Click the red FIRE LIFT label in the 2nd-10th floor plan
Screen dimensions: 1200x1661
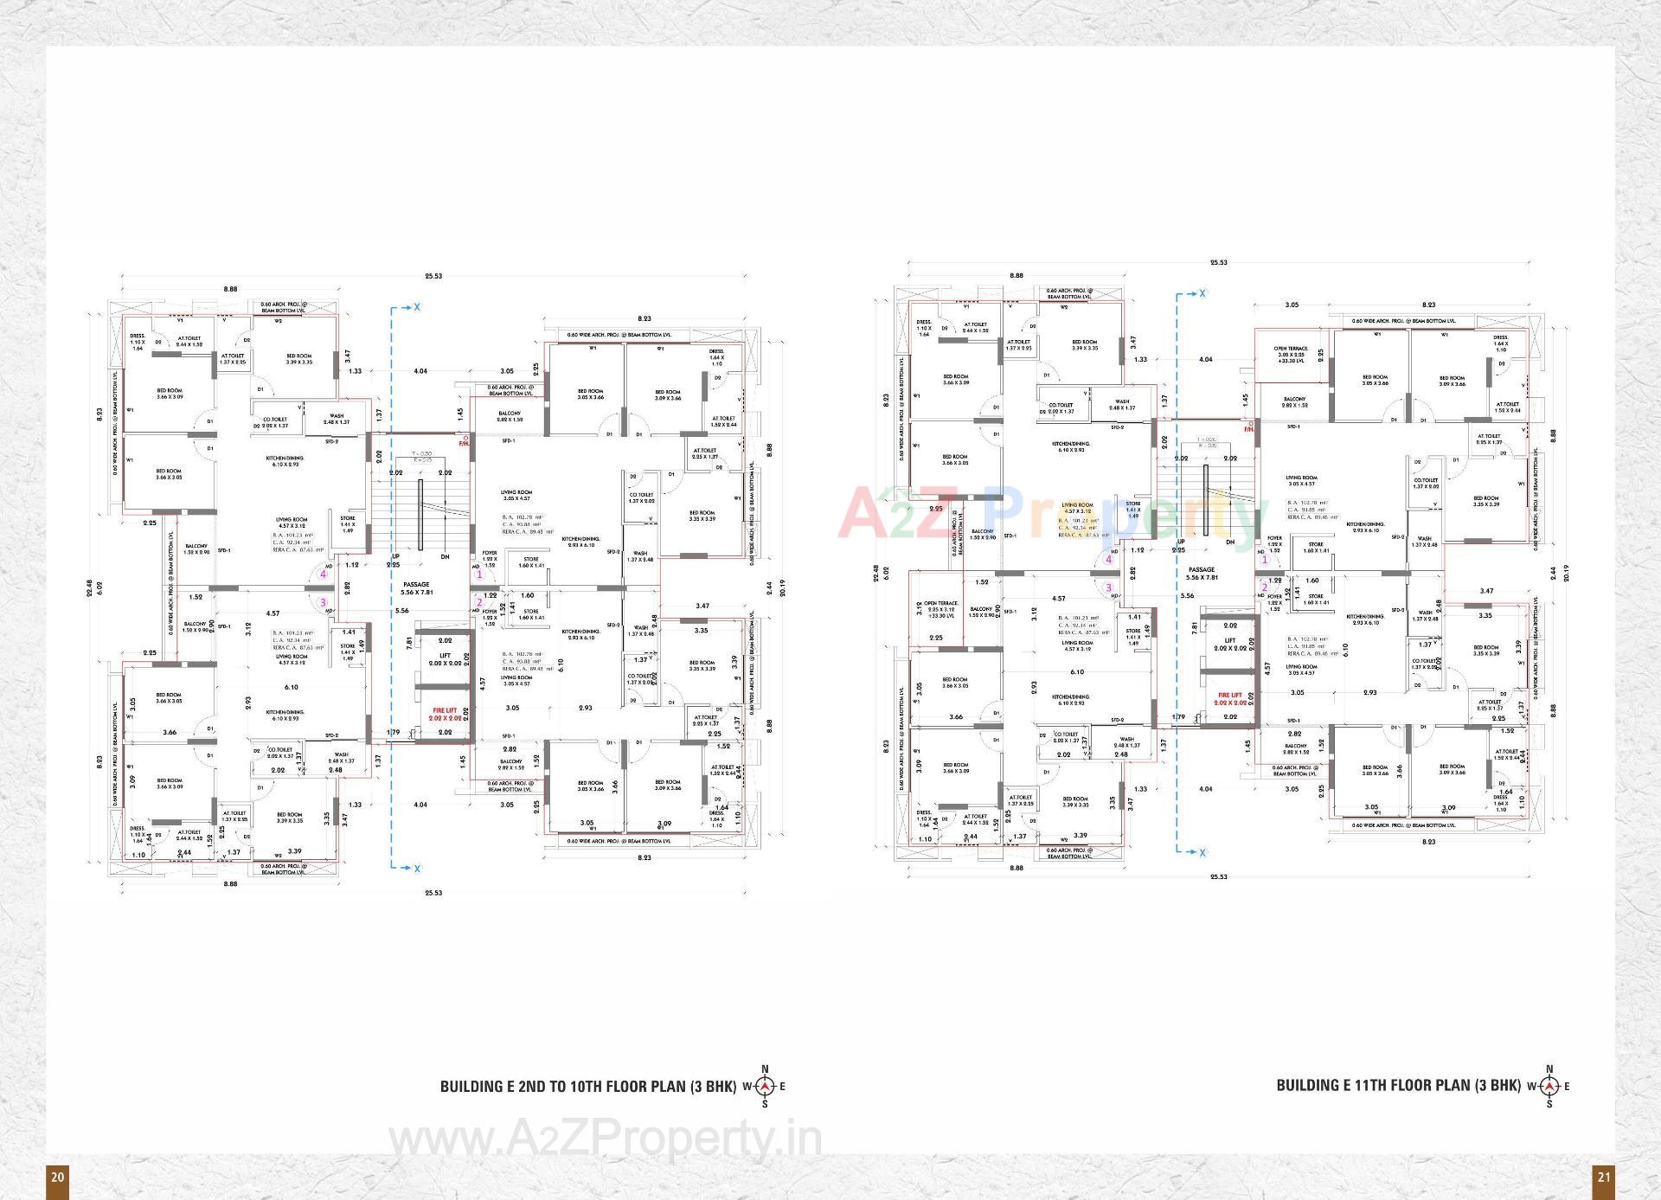coord(445,714)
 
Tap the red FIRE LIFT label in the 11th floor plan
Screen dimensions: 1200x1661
coord(1229,698)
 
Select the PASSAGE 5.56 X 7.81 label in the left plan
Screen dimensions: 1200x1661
coord(416,588)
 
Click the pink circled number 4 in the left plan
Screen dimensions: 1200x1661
coord(324,574)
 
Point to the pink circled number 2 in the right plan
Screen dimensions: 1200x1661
coord(1264,587)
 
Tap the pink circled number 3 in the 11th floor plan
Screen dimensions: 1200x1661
coord(1108,587)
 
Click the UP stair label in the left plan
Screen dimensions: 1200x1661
coord(395,556)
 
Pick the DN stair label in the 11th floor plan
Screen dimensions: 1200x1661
coord(1229,542)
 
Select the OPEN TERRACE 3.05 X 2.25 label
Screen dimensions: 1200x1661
coord(1291,355)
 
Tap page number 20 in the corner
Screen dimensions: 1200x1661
coord(57,1177)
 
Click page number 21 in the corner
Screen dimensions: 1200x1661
coord(1604,1177)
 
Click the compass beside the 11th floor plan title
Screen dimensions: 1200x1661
coord(1549,1086)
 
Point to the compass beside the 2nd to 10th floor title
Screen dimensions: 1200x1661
coord(764,1087)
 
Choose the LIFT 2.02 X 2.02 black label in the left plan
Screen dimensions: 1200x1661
coord(445,659)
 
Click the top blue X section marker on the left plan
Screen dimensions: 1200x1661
coord(417,307)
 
